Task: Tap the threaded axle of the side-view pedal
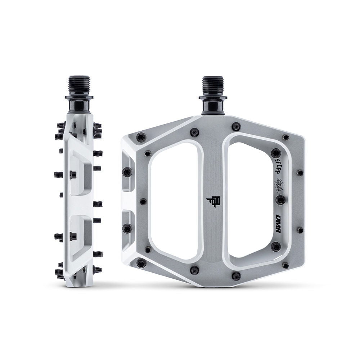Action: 79,85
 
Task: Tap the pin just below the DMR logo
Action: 276,246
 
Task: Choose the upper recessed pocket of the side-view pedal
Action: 80,173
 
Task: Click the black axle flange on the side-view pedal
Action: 79,97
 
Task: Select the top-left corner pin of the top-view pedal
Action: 141,137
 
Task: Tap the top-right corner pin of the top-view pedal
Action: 285,137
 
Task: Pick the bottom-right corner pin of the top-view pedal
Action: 285,265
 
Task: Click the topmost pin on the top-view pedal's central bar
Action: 236,126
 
